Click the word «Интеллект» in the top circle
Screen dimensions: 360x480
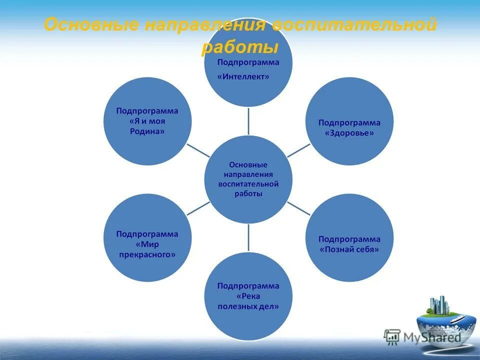pos(244,77)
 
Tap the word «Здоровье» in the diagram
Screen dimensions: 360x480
pos(349,133)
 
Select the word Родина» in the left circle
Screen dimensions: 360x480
pos(147,131)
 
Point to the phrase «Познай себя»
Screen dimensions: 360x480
pos(349,249)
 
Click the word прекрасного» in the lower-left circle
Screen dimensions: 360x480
pos(147,254)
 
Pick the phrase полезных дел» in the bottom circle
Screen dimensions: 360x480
pos(248,306)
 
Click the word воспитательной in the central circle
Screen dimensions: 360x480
pos(248,184)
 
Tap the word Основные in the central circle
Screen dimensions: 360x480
pos(248,164)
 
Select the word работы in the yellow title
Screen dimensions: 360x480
pos(239,47)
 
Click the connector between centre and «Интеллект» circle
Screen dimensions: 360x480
pos(248,121)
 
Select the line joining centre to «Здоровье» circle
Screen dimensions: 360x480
pos(298,149)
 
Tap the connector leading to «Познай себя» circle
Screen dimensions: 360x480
pos(298,208)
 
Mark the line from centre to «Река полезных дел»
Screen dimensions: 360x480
pos(248,237)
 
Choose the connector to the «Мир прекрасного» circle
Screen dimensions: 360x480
pos(198,208)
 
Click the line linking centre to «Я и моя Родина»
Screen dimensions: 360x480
pos(198,150)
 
